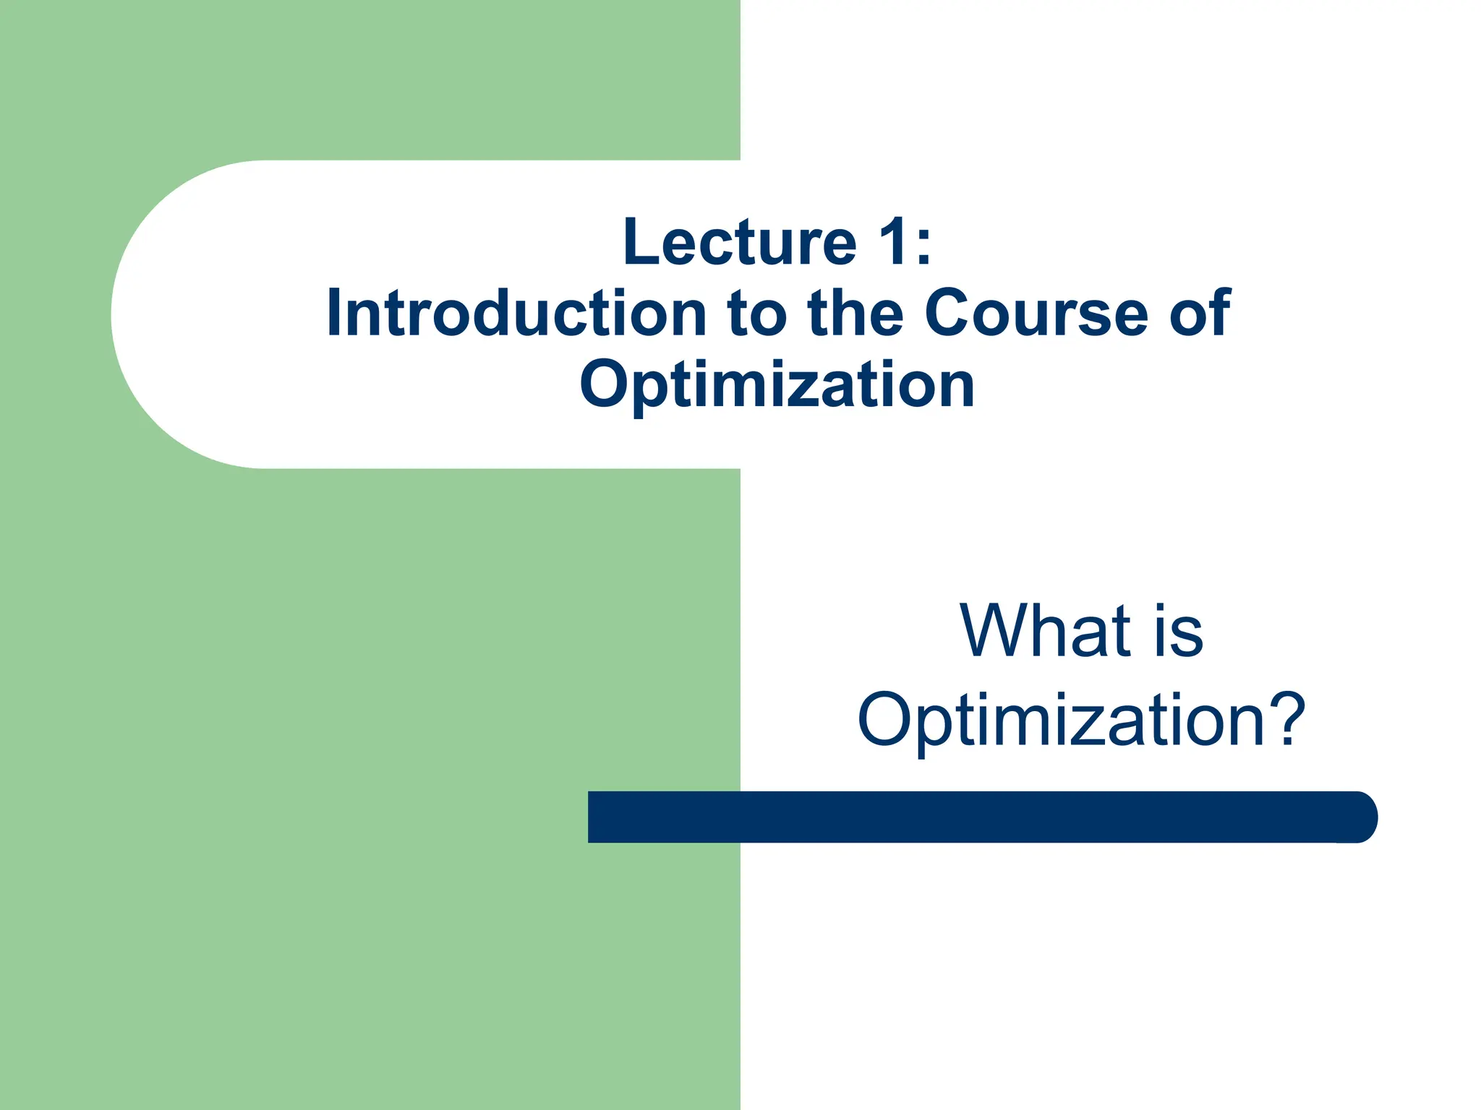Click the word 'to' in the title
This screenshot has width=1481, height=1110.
pos(757,314)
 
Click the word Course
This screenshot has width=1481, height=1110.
pos(1036,313)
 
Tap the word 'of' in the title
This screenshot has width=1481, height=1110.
pos(1200,313)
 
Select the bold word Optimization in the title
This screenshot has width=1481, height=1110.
pos(777,385)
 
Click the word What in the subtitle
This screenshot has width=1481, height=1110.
pos(1045,631)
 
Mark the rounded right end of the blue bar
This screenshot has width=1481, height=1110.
pos(1363,817)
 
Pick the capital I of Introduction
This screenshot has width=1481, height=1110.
pos(333,313)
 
